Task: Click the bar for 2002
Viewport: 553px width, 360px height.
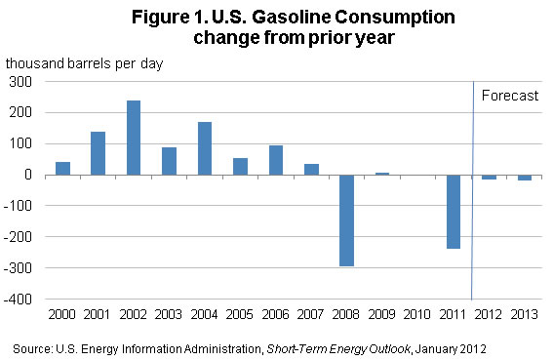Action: pyautogui.click(x=134, y=138)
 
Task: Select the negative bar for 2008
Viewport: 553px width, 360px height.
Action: pyautogui.click(x=346, y=220)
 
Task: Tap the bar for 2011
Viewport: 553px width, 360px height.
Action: pyautogui.click(x=454, y=212)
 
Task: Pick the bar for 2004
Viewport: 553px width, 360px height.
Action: pyautogui.click(x=205, y=148)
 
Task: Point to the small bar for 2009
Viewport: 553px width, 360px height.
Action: pyautogui.click(x=382, y=174)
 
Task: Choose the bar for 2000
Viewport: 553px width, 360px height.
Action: pyautogui.click(x=62, y=169)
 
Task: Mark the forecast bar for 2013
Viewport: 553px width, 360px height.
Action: pyautogui.click(x=525, y=178)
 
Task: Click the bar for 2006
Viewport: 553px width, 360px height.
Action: pyautogui.click(x=276, y=160)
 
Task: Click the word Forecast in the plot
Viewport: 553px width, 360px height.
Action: pyautogui.click(x=510, y=96)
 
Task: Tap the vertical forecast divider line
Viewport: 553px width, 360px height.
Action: pyautogui.click(x=473, y=190)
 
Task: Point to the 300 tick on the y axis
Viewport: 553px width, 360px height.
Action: pyautogui.click(x=20, y=82)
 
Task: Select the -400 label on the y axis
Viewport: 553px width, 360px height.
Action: pyautogui.click(x=18, y=300)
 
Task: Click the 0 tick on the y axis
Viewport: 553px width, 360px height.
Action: pyautogui.click(x=28, y=175)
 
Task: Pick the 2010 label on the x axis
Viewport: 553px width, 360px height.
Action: pyautogui.click(x=416, y=314)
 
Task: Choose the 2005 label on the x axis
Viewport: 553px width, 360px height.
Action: pyautogui.click(x=240, y=314)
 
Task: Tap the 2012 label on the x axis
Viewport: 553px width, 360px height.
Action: pyautogui.click(x=488, y=314)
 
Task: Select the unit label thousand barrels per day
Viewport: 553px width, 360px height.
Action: pyautogui.click(x=84, y=63)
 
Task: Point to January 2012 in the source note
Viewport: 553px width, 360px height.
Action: pyautogui.click(x=451, y=349)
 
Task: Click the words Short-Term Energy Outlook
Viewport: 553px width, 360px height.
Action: pyautogui.click(x=338, y=349)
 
